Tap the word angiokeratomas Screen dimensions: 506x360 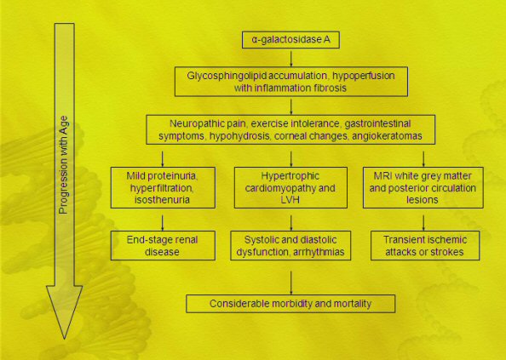coord(387,136)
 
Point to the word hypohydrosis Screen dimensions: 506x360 coord(239,136)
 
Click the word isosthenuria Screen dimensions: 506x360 coord(162,200)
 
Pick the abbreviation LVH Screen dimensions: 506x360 coord(290,200)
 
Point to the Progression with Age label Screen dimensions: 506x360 coord(64,165)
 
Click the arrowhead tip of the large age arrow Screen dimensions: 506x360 coord(65,339)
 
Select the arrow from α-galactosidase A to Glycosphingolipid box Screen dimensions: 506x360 coord(291,59)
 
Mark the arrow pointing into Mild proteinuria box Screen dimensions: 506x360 coord(163,159)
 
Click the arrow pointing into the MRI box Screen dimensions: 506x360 coord(423,159)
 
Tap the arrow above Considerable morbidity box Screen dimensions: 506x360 coord(291,283)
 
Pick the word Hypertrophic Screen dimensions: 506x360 coord(290,176)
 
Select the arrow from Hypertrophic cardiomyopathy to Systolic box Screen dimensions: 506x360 coord(291,223)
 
